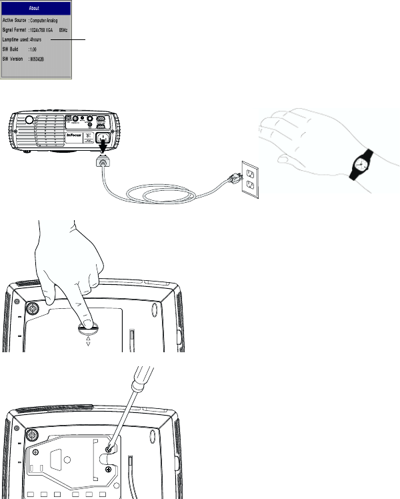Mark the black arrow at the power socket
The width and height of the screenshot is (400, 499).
pos(103,145)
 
